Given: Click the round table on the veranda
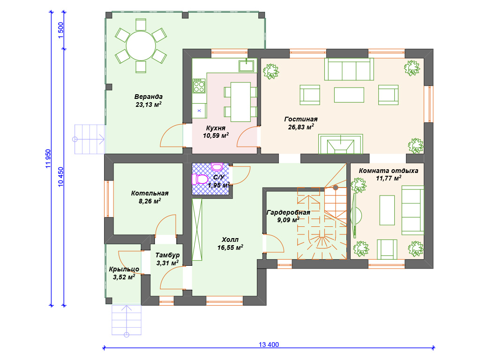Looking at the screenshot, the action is (141, 45).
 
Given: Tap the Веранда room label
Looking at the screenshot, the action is (149, 97).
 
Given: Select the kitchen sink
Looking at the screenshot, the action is (246, 66).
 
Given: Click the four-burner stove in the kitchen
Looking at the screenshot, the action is (199, 86).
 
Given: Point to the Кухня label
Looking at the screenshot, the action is (216, 128).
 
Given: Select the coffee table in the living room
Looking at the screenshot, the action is (349, 95).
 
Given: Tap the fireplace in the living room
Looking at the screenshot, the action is (340, 144).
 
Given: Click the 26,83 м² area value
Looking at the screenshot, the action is (301, 127).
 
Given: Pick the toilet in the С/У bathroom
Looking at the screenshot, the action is (200, 179).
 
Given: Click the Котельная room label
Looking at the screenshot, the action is (150, 193).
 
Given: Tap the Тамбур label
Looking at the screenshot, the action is (167, 255).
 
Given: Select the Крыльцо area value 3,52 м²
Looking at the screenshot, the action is (124, 277).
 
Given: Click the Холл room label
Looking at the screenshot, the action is (230, 240).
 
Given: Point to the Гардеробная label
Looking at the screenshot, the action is (288, 212).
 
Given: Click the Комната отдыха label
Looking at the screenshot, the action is (389, 171).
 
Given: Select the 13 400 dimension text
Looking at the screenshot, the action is (269, 345).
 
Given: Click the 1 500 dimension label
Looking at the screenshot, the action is (60, 30).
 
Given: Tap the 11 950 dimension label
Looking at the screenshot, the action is (48, 158).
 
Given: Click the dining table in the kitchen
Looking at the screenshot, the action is (240, 102).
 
